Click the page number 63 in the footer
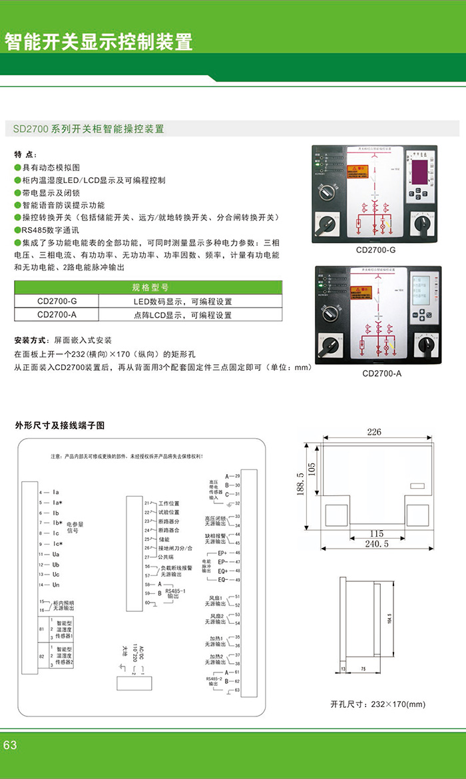coord(10,745)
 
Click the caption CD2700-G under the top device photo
coord(376,250)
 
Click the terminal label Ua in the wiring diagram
coord(56,554)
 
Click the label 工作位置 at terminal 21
coord(169,503)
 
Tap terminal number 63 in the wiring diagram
coord(236,690)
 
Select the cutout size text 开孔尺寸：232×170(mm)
coord(377,704)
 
